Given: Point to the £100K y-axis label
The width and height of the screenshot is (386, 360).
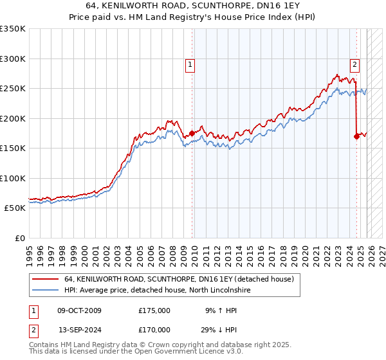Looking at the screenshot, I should pyautogui.click(x=13, y=178).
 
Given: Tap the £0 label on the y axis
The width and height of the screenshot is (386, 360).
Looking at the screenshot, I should pyautogui.click(x=18, y=238).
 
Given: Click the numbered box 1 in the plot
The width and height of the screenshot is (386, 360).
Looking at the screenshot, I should pyautogui.click(x=191, y=64).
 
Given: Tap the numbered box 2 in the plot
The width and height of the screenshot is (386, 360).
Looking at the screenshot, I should pyautogui.click(x=355, y=64).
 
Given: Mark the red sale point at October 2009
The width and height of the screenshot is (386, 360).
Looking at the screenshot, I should pyautogui.click(x=192, y=133).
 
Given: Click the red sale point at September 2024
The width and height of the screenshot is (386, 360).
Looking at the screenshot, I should pyautogui.click(x=356, y=136).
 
